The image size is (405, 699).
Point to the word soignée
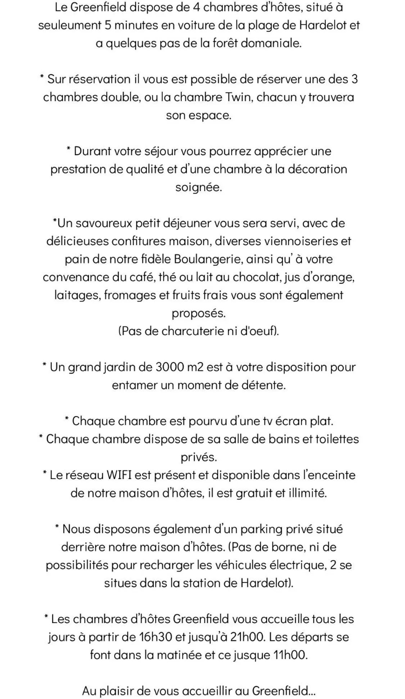click(198, 188)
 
